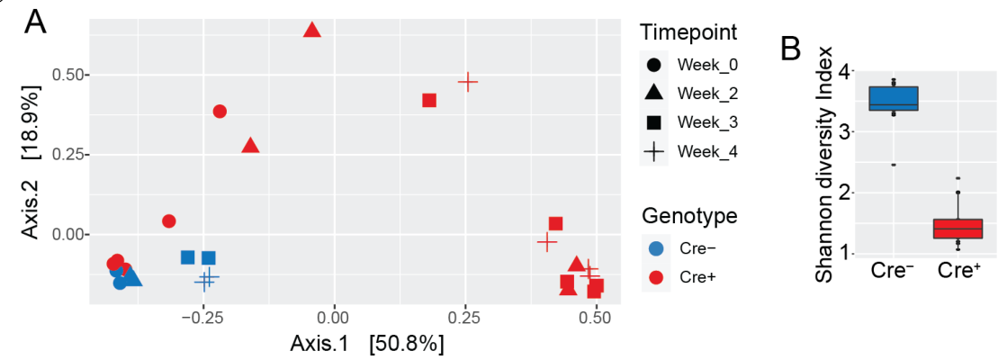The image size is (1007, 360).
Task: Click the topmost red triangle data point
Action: [x=312, y=30]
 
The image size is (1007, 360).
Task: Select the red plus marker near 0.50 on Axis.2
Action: [x=467, y=82]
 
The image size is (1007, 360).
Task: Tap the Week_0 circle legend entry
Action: [x=654, y=65]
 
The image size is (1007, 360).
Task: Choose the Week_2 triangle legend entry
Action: [x=654, y=93]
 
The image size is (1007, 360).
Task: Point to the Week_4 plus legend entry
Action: [x=654, y=151]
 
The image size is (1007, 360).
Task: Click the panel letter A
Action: [x=36, y=22]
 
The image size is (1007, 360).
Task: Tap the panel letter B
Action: [x=790, y=49]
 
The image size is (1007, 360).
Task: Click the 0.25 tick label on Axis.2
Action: [x=67, y=155]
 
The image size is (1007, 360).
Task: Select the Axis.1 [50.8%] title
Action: [x=366, y=343]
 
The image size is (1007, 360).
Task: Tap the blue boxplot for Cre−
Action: [x=893, y=98]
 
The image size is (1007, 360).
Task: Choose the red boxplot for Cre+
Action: [x=958, y=229]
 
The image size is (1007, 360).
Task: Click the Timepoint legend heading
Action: [x=688, y=32]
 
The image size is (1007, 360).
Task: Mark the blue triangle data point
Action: [x=132, y=275]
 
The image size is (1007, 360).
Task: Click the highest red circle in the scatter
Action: [x=220, y=112]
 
